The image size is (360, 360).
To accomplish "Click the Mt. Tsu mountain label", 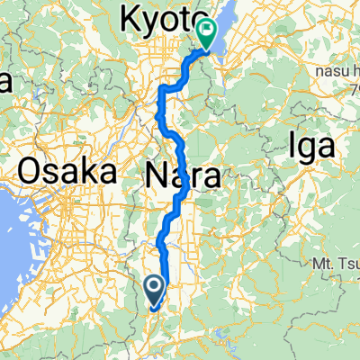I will click(335, 263).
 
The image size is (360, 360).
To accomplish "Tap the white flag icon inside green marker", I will click(206, 32).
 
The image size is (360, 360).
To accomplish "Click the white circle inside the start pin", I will click(154, 286).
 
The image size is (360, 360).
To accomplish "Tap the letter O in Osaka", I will click(27, 170).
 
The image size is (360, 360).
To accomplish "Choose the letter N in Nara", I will click(154, 177).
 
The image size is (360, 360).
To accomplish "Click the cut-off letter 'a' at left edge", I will click(4, 84).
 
